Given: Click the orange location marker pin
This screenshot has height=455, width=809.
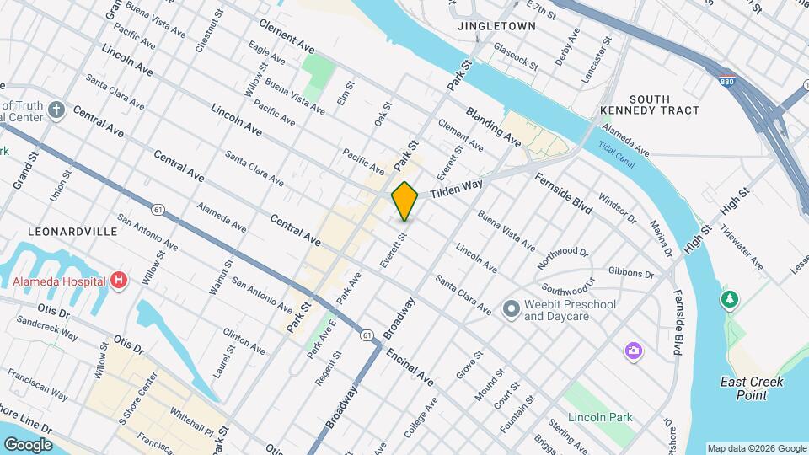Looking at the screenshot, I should coord(405,201).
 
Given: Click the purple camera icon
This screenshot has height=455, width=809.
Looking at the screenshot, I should coord(633,350).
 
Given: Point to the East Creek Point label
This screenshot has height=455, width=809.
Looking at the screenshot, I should coord(753,388).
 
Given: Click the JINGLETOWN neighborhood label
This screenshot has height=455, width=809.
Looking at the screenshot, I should coord(496,26).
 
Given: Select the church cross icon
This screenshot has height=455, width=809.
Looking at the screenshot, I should coord(56,110).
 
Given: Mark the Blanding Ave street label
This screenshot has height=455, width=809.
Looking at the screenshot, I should coord(493,125).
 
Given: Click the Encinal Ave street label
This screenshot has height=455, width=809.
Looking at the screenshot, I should coord(410,367).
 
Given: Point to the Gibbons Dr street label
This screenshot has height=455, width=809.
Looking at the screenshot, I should coord(630,273).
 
